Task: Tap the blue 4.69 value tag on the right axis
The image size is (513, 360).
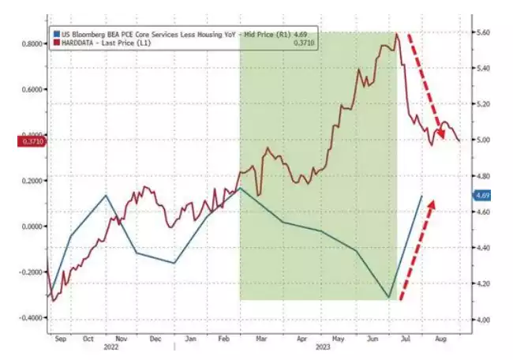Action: click(x=482, y=195)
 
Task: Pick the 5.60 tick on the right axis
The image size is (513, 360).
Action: click(x=482, y=32)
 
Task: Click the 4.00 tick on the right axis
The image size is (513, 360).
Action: click(x=482, y=320)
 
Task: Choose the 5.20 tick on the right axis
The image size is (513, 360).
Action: click(x=482, y=104)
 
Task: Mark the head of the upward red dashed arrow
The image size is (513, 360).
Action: click(x=432, y=202)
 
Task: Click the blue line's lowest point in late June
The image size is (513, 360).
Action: click(x=388, y=298)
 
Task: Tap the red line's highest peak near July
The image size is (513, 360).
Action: click(x=397, y=34)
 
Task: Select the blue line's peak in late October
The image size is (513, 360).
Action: click(x=106, y=195)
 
